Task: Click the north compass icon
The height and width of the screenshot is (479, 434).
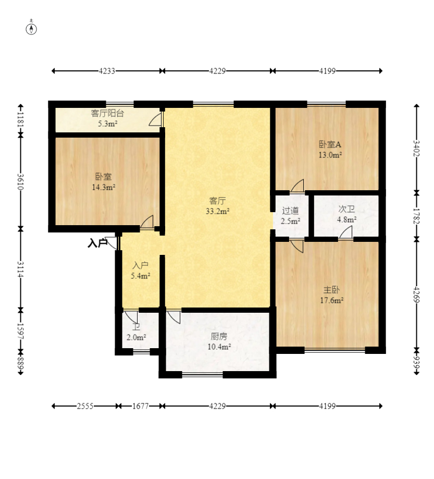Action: [31, 28]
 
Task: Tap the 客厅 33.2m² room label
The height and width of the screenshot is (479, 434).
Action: [217, 206]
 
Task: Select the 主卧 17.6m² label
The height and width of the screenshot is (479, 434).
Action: [332, 295]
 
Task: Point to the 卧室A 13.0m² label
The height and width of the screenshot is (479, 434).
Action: [330, 150]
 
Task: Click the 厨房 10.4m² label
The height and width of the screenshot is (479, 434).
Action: [219, 341]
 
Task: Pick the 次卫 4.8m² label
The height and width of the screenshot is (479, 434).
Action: [346, 214]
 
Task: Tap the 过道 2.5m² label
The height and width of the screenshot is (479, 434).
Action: [290, 216]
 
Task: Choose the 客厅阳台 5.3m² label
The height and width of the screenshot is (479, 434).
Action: [107, 118]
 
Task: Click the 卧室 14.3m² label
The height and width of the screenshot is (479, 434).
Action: [104, 182]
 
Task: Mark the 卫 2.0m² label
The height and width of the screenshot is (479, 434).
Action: [136, 332]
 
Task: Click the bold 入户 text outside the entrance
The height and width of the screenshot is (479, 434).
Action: [97, 243]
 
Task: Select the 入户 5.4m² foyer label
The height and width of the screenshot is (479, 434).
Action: [141, 271]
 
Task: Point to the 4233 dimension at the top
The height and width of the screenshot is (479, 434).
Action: [107, 71]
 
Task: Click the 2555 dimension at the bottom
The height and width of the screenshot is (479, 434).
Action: [85, 407]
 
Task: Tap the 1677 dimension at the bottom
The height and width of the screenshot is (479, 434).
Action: [141, 407]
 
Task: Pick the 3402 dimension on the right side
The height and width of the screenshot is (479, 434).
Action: [416, 149]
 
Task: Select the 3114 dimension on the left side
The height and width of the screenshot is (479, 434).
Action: [20, 269]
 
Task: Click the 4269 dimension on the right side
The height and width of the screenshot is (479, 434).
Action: [416, 294]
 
